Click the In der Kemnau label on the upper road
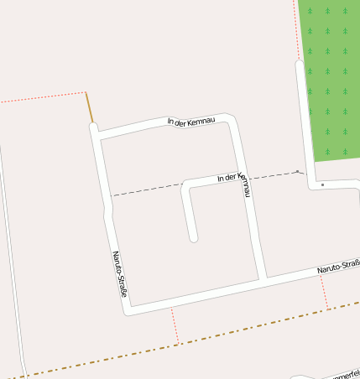click(191, 122)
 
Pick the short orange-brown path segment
click(89, 108)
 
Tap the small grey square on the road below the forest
click(322, 184)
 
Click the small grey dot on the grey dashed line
click(296, 171)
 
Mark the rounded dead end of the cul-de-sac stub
click(194, 238)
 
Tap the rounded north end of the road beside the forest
click(300, 64)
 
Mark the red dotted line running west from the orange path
click(42, 97)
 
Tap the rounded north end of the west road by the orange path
click(94, 127)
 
